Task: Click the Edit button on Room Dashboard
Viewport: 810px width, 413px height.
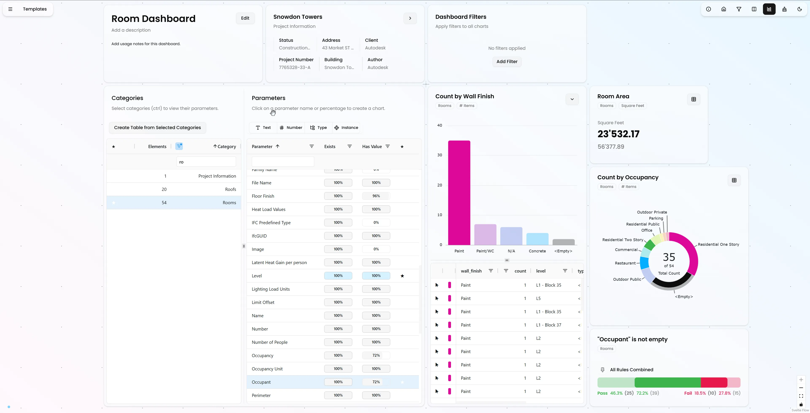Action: pyautogui.click(x=245, y=18)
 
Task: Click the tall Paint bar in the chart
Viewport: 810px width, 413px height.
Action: pyautogui.click(x=459, y=193)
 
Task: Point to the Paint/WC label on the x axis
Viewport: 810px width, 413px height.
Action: pyautogui.click(x=485, y=251)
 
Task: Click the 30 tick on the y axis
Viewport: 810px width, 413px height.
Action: pyautogui.click(x=440, y=155)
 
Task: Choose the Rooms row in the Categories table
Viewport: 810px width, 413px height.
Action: pyautogui.click(x=174, y=202)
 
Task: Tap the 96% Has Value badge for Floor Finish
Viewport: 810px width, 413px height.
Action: pyautogui.click(x=376, y=196)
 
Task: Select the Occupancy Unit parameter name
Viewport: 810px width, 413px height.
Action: pyautogui.click(x=267, y=369)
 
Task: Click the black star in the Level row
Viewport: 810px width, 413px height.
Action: pyautogui.click(x=402, y=276)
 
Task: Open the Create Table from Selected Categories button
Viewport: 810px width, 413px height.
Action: pyautogui.click(x=157, y=127)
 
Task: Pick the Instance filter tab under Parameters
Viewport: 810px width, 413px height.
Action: pyautogui.click(x=346, y=127)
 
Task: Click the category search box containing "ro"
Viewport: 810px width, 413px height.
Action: pyautogui.click(x=206, y=162)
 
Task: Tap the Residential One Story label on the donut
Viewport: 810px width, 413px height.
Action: pyautogui.click(x=718, y=244)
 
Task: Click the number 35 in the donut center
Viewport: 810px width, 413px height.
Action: pyautogui.click(x=669, y=257)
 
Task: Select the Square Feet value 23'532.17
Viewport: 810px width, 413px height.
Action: pyautogui.click(x=618, y=134)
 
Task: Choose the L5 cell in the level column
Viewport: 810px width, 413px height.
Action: pyautogui.click(x=538, y=298)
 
